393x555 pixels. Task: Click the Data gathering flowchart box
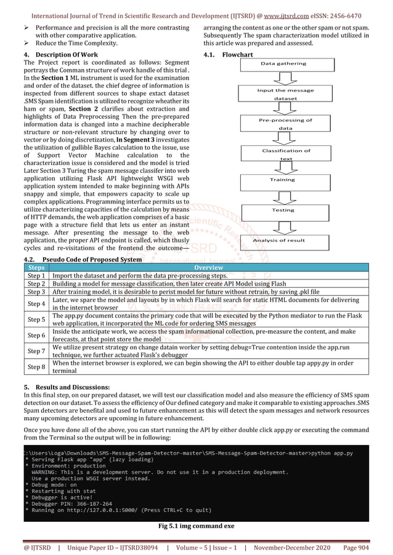pyautogui.click(x=283, y=64)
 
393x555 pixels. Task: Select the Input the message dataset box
pyautogui.click(x=285, y=94)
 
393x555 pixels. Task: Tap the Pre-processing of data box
pyautogui.click(x=285, y=124)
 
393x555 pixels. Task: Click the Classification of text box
pyautogui.click(x=286, y=154)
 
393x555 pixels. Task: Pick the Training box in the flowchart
pyautogui.click(x=283, y=180)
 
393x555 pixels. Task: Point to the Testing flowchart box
pyautogui.click(x=283, y=210)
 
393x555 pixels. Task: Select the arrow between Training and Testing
pyautogui.click(x=283, y=195)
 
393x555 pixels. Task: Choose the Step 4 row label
pyautogui.click(x=36, y=303)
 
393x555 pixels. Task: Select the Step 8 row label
pyautogui.click(x=36, y=367)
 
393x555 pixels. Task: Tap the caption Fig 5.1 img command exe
pyautogui.click(x=196, y=526)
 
